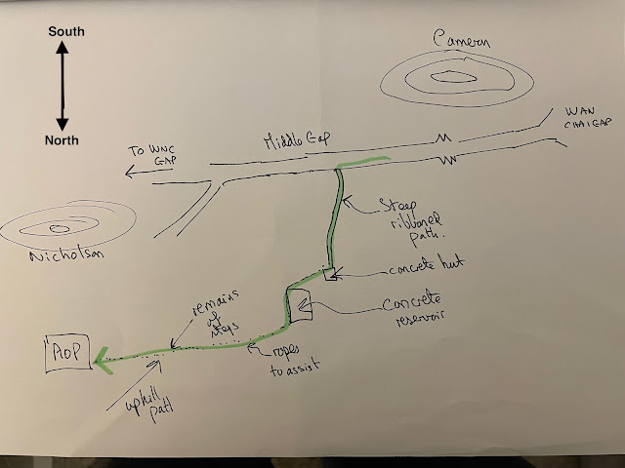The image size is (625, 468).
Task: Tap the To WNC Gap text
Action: [x=155, y=156]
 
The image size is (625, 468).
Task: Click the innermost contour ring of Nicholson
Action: [x=58, y=227]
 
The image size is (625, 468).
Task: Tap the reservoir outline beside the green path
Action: [x=299, y=305]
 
